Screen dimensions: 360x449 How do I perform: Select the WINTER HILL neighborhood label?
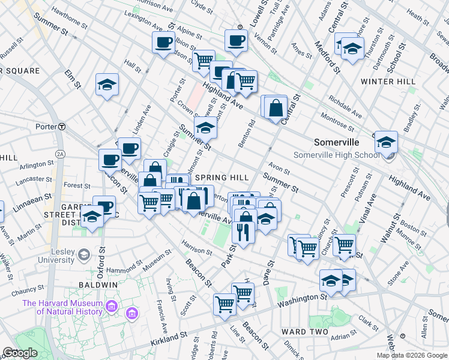[x=388, y=81]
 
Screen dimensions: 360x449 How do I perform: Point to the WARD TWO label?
[x=304, y=331]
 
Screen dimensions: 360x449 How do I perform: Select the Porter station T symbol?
[x=62, y=127]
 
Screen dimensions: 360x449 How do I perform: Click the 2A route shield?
[x=59, y=154]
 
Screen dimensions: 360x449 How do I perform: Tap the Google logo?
[x=20, y=353]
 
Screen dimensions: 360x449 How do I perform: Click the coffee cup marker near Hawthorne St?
[x=163, y=43]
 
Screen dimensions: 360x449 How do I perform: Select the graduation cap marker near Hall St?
[x=107, y=85]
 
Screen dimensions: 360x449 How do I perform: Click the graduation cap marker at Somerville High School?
[x=386, y=142]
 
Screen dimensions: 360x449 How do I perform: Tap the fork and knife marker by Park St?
[x=243, y=230]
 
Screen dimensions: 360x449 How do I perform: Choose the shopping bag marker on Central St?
[x=276, y=108]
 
